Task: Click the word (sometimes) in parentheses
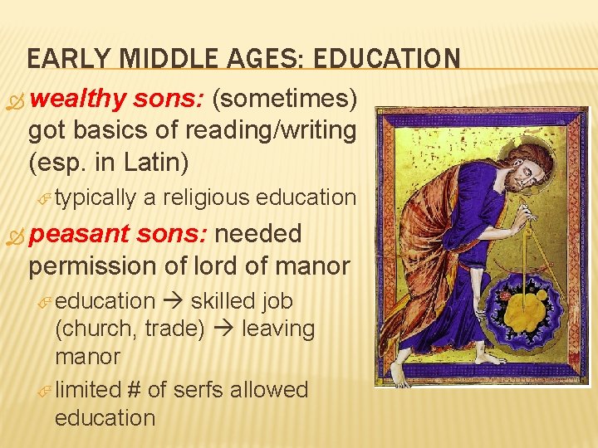click(285, 100)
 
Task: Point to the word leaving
click(278, 329)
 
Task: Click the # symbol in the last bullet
click(135, 390)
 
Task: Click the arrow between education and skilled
click(173, 301)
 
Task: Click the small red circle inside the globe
click(502, 295)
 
